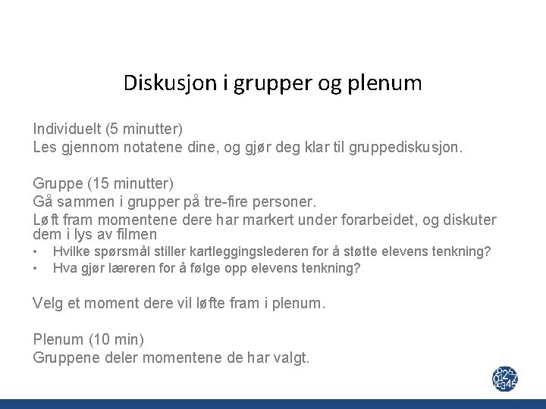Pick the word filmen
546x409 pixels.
click(x=136, y=236)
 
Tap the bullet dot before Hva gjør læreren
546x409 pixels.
click(x=36, y=267)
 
